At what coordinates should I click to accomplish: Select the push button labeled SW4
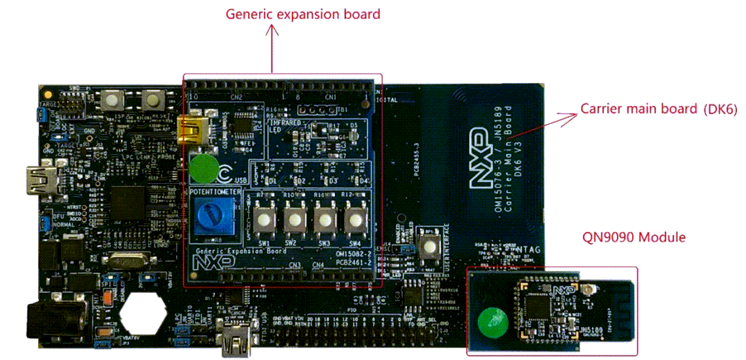pyautogui.click(x=355, y=220)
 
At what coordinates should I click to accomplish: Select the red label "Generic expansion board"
pyautogui.click(x=303, y=14)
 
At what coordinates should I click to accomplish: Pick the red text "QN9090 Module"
pyautogui.click(x=634, y=237)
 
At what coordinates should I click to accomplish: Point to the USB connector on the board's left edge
pyautogui.click(x=39, y=181)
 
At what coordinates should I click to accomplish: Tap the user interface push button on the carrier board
pyautogui.click(x=430, y=246)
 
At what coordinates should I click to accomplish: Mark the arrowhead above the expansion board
pyautogui.click(x=273, y=30)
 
